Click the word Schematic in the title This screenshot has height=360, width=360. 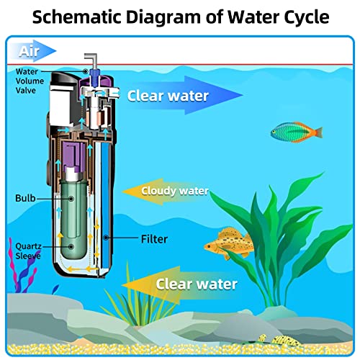coord(77,17)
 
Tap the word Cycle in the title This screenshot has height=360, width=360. coord(307,18)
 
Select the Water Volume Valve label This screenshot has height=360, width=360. coord(30,81)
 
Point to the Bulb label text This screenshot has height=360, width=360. coord(25,198)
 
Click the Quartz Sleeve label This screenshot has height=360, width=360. coord(28,251)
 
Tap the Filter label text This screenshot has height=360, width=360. coord(154,239)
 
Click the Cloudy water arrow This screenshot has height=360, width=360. coord(166,192)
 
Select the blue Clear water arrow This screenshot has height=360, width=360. coord(185,95)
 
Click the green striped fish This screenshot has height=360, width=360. coord(297,132)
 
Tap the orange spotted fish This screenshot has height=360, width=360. coord(229,243)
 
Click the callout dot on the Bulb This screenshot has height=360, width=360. coord(71,199)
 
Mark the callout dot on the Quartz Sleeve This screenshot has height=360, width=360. coord(71,246)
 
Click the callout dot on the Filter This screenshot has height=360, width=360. coord(106,238)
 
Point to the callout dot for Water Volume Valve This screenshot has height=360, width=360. coord(86,71)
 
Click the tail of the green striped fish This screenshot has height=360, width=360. coord(318,132)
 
